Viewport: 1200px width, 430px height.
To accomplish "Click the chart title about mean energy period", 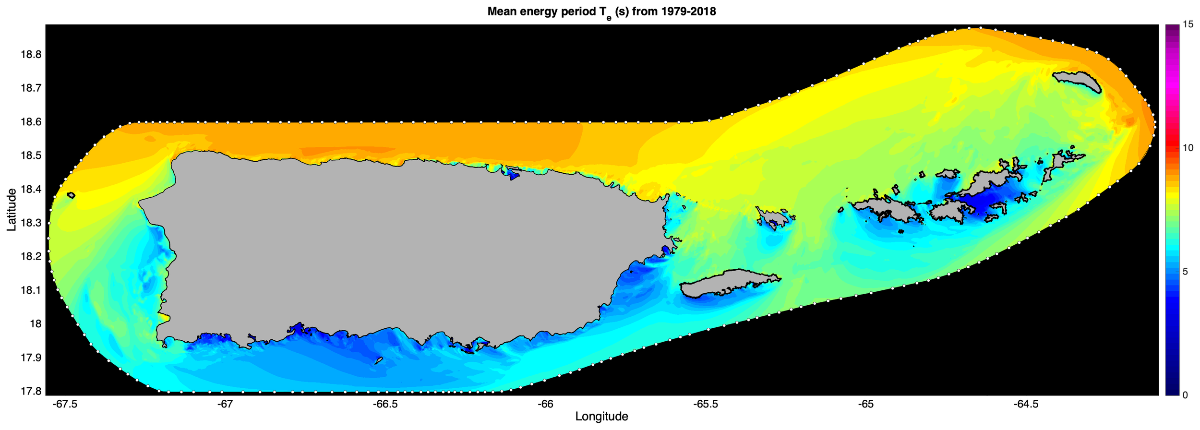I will click(x=601, y=12).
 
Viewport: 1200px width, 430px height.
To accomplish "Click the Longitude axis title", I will click(x=601, y=417).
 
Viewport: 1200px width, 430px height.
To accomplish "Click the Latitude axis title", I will click(x=12, y=210).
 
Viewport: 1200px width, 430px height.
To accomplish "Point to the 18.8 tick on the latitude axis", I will click(x=31, y=55).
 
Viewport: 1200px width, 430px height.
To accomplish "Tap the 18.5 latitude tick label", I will click(x=31, y=156).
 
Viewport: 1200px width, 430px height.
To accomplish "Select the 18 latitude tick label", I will click(x=36, y=324).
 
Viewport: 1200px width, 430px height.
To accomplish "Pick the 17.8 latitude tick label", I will click(x=31, y=391).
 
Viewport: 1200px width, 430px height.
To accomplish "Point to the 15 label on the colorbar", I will click(x=1188, y=25).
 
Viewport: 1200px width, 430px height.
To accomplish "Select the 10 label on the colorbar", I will click(x=1188, y=148).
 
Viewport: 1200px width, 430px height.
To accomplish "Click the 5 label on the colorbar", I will click(x=1185, y=272).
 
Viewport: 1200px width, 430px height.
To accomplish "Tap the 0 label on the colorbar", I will click(x=1185, y=395).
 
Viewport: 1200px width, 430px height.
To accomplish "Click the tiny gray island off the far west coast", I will click(x=72, y=195).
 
